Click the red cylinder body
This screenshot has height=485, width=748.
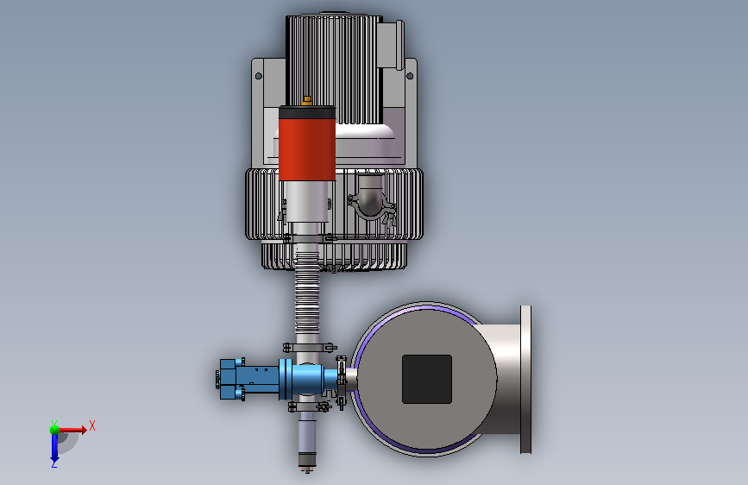tap(307, 149)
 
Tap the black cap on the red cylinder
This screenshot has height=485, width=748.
tap(307, 112)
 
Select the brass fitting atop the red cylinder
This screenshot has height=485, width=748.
tap(307, 101)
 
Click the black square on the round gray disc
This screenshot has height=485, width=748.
tap(427, 379)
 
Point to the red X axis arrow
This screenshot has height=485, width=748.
tap(72, 430)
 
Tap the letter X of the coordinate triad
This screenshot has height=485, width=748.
tap(92, 425)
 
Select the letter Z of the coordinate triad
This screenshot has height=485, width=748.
tap(54, 463)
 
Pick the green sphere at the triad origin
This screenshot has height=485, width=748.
tap(55, 430)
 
